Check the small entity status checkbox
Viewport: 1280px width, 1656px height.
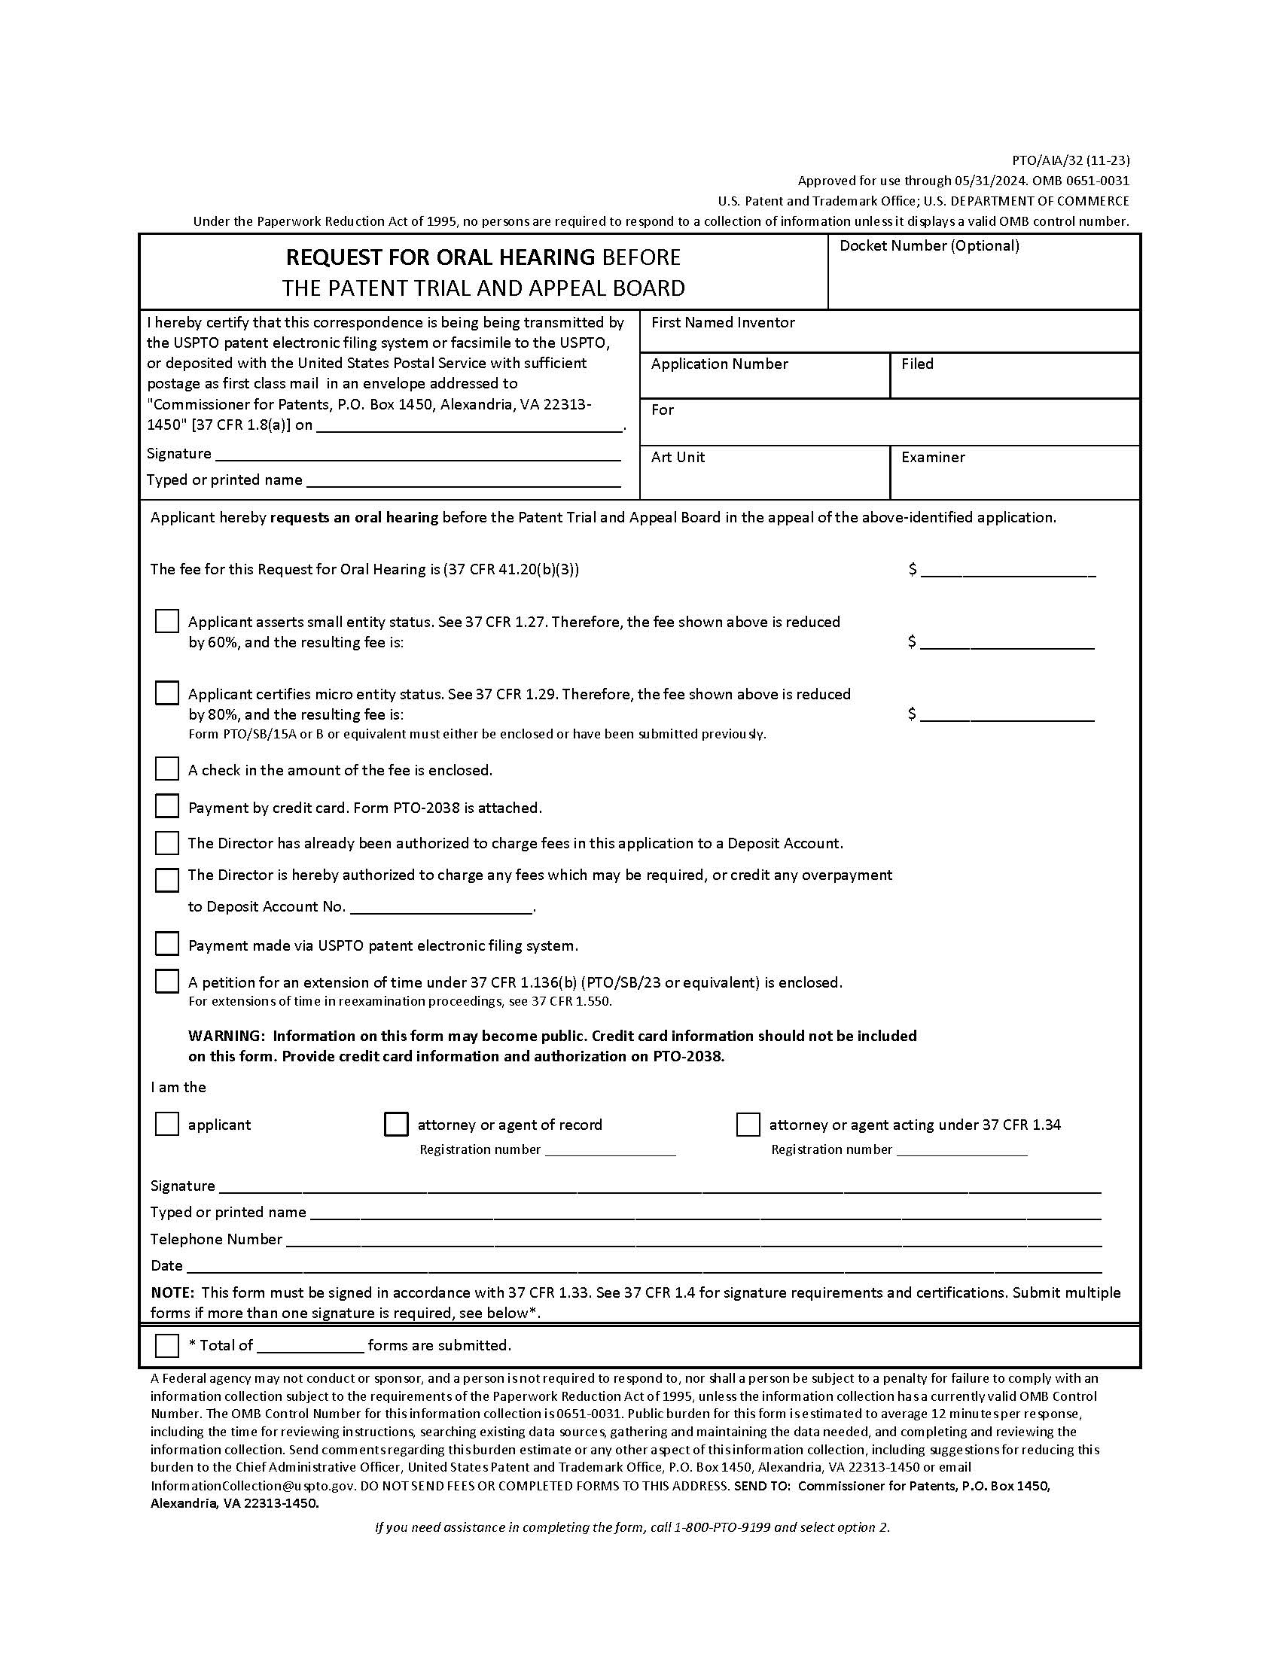[167, 621]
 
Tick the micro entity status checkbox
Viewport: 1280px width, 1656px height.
[167, 693]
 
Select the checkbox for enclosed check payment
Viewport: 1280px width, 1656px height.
[167, 769]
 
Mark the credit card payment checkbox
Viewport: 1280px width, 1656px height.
[167, 806]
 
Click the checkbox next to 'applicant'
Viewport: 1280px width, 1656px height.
[167, 1124]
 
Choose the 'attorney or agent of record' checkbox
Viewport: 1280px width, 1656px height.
[396, 1124]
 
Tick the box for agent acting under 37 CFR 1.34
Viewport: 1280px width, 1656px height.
[748, 1124]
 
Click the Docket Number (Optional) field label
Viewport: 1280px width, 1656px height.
[929, 245]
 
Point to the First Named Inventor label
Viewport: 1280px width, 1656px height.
[723, 322]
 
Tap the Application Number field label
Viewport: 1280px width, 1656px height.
[719, 364]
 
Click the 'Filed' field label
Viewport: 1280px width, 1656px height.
[917, 364]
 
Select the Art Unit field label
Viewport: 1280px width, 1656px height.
[677, 457]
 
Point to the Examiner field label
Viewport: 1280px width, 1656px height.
[933, 457]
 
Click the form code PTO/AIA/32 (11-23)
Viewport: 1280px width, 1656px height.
[1071, 160]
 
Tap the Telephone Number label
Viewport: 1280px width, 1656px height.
[216, 1239]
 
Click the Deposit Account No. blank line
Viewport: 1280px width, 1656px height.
[441, 908]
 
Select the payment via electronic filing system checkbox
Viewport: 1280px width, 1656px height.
[167, 944]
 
